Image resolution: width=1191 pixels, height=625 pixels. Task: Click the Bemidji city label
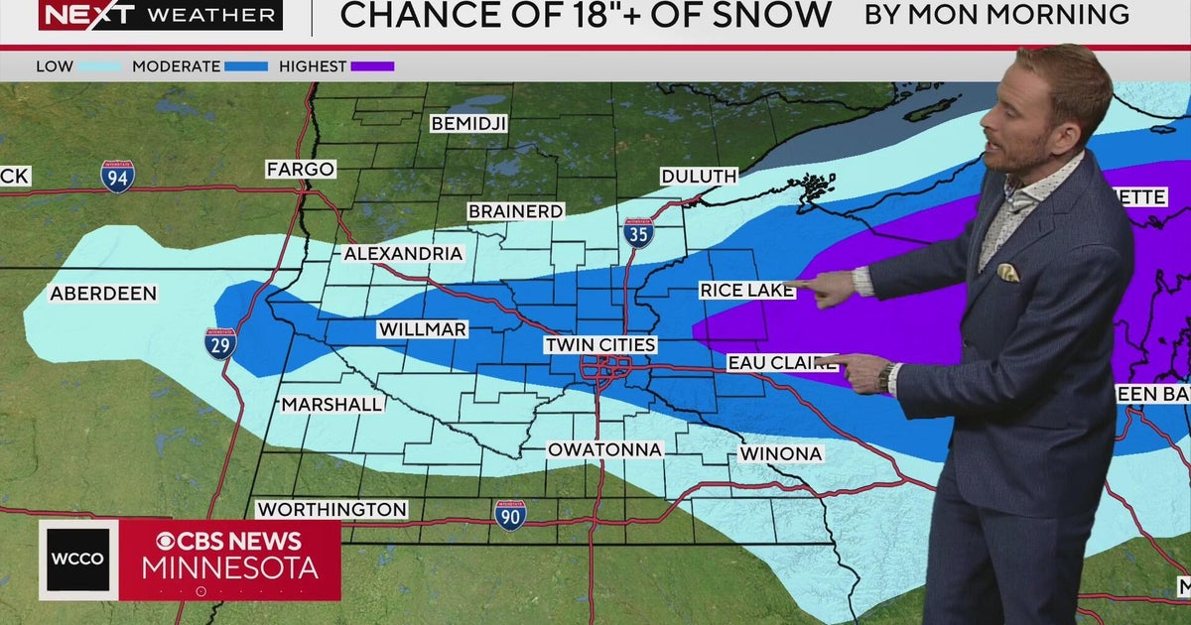click(x=468, y=124)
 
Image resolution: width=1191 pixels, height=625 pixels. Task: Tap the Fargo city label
click(x=300, y=170)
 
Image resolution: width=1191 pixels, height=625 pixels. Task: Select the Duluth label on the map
click(x=700, y=177)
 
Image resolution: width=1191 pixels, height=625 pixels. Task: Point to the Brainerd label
click(x=516, y=211)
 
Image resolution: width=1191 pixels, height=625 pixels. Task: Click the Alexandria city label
click(x=403, y=254)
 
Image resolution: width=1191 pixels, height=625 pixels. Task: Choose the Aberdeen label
click(x=103, y=294)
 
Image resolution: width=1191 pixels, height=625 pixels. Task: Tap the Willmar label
click(x=422, y=329)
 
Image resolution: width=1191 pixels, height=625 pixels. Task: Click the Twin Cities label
click(x=600, y=345)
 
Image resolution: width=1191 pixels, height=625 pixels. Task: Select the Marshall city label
click(x=331, y=405)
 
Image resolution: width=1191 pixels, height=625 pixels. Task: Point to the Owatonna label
click(x=605, y=450)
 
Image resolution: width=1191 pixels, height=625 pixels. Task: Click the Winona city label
click(x=781, y=454)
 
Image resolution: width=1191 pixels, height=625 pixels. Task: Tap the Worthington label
click(x=331, y=510)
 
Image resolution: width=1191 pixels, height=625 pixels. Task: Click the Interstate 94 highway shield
click(x=117, y=177)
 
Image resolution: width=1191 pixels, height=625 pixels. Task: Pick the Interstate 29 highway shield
click(x=220, y=343)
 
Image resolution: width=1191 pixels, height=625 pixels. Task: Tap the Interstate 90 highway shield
click(x=510, y=514)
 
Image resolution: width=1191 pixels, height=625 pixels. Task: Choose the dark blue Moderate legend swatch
click(x=246, y=66)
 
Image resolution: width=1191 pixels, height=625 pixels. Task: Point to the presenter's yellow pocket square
click(x=1007, y=272)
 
